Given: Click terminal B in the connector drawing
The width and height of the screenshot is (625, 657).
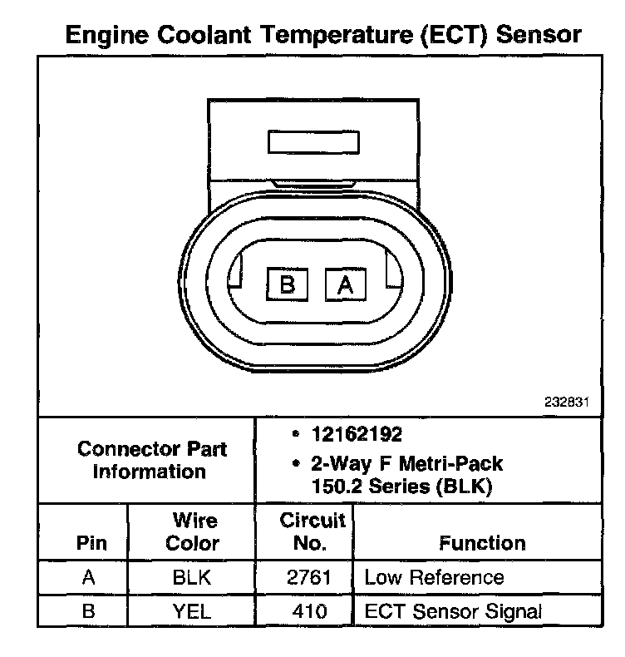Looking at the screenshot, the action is click(x=287, y=284).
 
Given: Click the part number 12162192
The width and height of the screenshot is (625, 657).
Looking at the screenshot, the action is click(x=357, y=435).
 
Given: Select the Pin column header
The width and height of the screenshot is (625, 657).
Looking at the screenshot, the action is click(x=91, y=544).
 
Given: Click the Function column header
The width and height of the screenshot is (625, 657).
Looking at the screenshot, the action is click(x=482, y=544).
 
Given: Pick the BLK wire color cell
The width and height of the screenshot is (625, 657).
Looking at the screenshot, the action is click(x=192, y=578).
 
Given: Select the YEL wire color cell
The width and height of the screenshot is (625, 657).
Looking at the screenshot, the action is click(x=192, y=612).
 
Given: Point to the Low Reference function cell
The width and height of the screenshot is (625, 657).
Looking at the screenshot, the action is click(x=434, y=578).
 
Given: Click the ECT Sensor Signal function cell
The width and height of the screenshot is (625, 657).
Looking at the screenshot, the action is click(x=453, y=612).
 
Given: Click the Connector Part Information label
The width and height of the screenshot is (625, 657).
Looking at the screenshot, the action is click(x=152, y=460).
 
